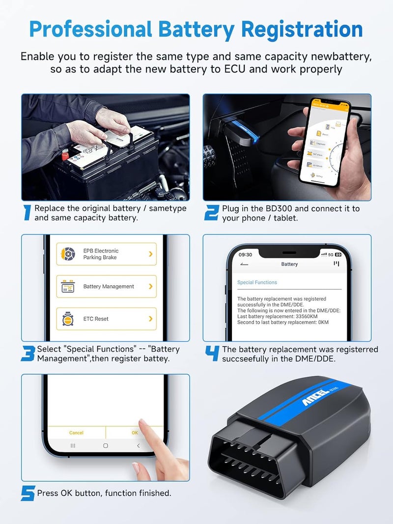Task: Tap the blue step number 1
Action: tap(27, 213)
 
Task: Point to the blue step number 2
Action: tap(211, 213)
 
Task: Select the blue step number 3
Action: tap(28, 354)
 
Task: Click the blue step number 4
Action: tap(212, 354)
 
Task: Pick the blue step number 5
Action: tap(28, 493)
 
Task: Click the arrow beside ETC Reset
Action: tap(150, 319)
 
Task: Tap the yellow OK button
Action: tap(135, 433)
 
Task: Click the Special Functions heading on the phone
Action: tap(257, 282)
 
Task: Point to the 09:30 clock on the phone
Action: tap(245, 254)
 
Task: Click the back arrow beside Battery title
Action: tap(244, 264)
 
